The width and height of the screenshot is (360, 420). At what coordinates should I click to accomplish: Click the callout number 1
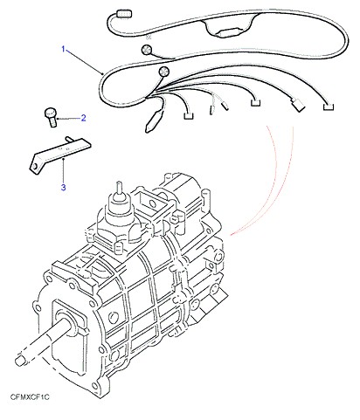coord(63,49)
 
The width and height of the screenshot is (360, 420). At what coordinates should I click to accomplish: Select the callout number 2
coord(83,118)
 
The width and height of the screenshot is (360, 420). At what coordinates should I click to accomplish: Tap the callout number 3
coord(64,188)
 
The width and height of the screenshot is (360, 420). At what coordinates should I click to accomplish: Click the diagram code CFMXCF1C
coord(30,397)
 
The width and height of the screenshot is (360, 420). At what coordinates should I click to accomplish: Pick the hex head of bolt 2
coord(50,112)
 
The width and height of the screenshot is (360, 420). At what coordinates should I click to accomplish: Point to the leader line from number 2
coord(68,119)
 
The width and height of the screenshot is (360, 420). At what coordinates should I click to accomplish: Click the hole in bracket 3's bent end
coord(34,167)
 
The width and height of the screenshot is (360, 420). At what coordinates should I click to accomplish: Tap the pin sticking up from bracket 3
coord(69,140)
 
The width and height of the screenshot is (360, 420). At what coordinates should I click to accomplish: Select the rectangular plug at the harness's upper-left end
coord(124,14)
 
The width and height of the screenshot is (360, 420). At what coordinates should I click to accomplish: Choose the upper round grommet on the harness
coord(146,50)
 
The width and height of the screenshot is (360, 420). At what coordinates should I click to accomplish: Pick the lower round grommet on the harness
coord(163,72)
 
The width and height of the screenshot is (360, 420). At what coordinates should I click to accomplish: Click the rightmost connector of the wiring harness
coord(329,107)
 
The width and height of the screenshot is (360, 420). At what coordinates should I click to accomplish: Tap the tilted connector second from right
coord(297,105)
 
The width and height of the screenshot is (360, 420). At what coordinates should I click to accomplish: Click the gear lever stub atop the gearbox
coord(119,189)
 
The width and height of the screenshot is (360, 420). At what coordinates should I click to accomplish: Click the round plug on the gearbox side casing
coord(114,318)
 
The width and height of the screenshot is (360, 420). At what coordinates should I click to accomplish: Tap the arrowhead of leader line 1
coord(102,73)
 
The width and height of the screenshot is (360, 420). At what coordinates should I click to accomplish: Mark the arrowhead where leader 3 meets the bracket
coord(64,159)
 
